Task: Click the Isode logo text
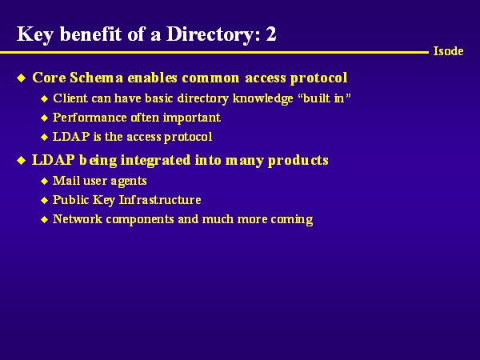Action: click(448, 51)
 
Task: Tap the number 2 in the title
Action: click(271, 34)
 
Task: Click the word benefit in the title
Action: click(90, 34)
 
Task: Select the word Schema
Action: click(97, 78)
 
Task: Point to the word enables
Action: click(152, 78)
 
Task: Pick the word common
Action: click(210, 78)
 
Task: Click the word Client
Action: click(70, 98)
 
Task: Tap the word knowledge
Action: click(262, 99)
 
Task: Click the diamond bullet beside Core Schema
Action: click(21, 78)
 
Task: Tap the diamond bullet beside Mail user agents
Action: click(44, 182)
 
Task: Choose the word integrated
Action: click(155, 161)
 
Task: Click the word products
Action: click(298, 161)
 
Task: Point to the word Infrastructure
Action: click(160, 200)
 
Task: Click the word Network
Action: click(78, 219)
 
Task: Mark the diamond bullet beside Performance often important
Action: click(44, 118)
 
